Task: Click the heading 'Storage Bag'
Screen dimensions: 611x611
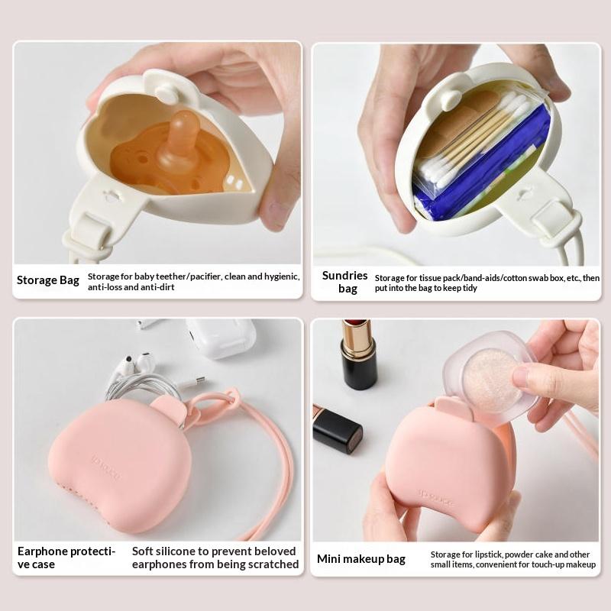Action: tap(48, 280)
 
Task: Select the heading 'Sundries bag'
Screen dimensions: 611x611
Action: tap(345, 282)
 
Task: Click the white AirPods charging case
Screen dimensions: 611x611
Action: tap(221, 338)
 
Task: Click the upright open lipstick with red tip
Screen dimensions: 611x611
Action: tap(357, 354)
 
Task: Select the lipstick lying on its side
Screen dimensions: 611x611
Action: tap(337, 428)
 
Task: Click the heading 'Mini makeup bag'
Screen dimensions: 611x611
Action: tap(361, 559)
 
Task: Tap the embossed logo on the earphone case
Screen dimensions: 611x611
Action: tap(106, 467)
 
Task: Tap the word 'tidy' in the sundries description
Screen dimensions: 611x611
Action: tap(470, 289)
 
